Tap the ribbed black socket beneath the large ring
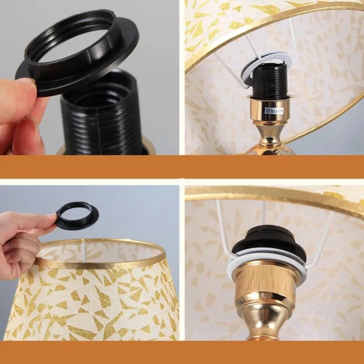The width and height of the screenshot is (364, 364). pos(101,121)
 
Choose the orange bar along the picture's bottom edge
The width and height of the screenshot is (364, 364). pos(182,352)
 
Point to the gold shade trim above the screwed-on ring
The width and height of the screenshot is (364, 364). pos(273,195)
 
